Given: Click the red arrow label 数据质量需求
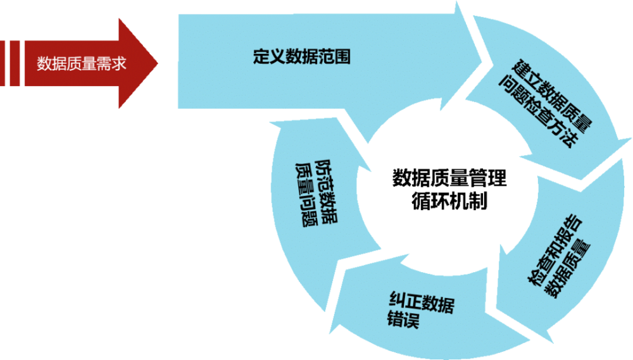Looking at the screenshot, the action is click(x=82, y=64).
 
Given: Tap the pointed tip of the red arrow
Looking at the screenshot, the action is click(x=158, y=63).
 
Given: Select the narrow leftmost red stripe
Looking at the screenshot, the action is click(x=2, y=63).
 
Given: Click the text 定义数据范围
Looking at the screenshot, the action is click(x=301, y=56).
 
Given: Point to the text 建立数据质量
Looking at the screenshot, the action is click(x=552, y=96).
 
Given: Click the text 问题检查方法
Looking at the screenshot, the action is click(x=539, y=111).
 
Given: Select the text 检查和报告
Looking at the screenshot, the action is click(x=555, y=249).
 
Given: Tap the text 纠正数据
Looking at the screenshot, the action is click(x=422, y=302).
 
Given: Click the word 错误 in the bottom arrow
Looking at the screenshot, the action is click(x=403, y=319).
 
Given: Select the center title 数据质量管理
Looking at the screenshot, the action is click(x=449, y=178).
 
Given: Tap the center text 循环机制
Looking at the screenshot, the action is click(x=449, y=201).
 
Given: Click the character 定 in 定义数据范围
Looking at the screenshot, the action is click(x=261, y=56).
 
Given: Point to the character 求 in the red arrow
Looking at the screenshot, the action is click(x=119, y=64).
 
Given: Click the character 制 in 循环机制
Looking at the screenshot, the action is click(x=478, y=201).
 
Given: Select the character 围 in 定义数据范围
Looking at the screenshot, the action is click(x=342, y=56).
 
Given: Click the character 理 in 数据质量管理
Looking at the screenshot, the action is click(x=498, y=178).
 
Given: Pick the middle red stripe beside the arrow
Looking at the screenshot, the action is click(x=15, y=63).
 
